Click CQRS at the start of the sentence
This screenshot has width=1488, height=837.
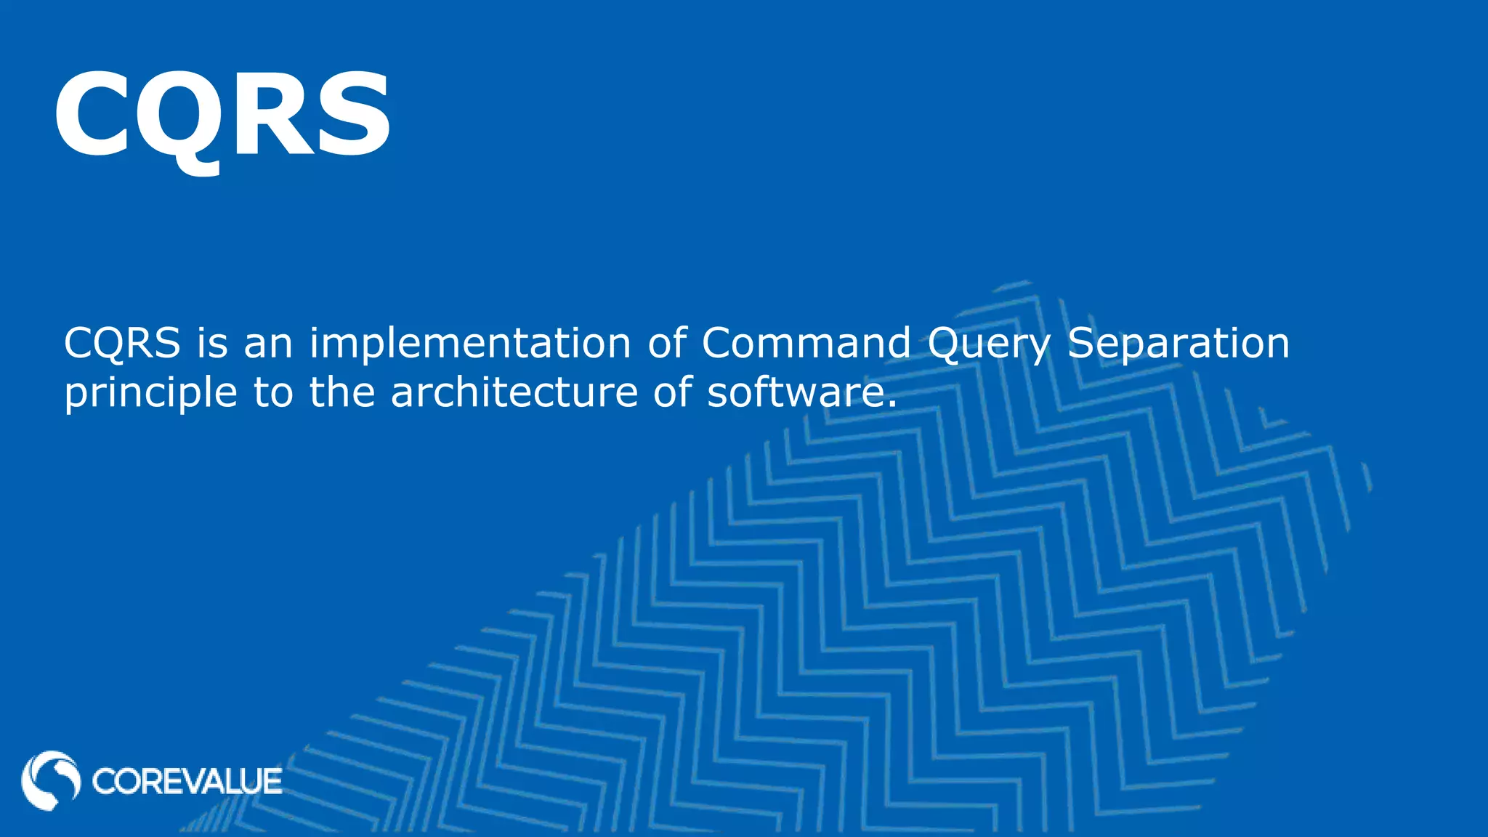pyautogui.click(x=122, y=343)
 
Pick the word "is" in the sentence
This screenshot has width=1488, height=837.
pyautogui.click(x=212, y=343)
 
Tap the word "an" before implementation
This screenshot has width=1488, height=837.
pyautogui.click(x=268, y=343)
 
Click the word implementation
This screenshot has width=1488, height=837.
pyautogui.click(x=470, y=343)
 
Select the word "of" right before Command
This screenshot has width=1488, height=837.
pyautogui.click(x=666, y=343)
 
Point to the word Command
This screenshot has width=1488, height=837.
pyautogui.click(x=806, y=343)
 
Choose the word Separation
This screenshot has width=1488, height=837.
pyautogui.click(x=1178, y=344)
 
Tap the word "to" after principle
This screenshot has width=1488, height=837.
pyautogui.click(x=273, y=393)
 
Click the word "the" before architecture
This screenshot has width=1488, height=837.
pyautogui.click(x=342, y=392)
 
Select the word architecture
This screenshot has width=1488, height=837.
pyautogui.click(x=514, y=392)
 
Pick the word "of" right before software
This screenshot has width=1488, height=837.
pyautogui.click(x=671, y=392)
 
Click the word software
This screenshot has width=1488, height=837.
pyautogui.click(x=801, y=392)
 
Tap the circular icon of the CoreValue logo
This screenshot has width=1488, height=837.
pyautogui.click(x=51, y=780)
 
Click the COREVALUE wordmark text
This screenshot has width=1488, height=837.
pyautogui.click(x=187, y=782)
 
